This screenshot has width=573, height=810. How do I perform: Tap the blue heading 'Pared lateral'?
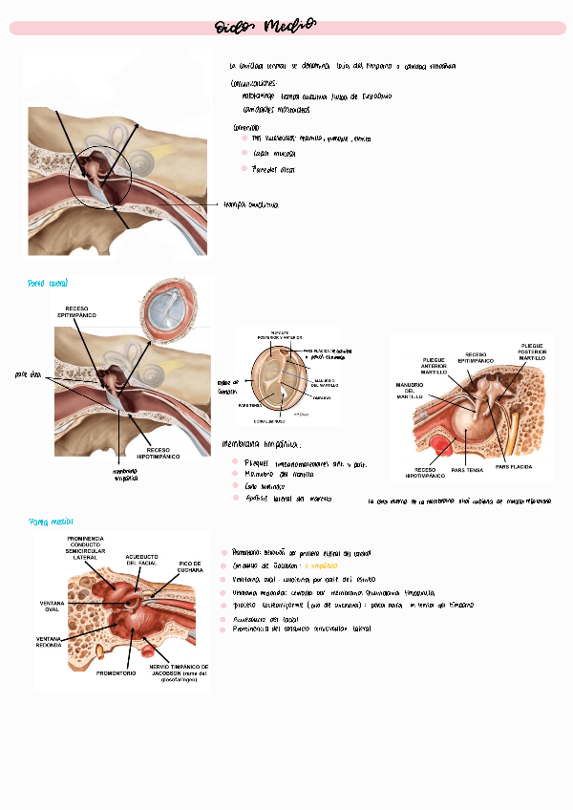tap(48, 284)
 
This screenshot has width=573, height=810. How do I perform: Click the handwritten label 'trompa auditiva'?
tap(250, 204)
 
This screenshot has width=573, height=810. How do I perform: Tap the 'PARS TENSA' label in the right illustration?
tap(467, 470)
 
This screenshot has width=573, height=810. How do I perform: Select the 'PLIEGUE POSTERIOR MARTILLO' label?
tap(532, 352)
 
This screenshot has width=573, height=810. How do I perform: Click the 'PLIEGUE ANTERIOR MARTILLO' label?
tap(435, 366)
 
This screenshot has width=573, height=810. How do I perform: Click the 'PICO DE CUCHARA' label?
tap(189, 567)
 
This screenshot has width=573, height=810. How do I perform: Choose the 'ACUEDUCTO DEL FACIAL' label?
tap(142, 560)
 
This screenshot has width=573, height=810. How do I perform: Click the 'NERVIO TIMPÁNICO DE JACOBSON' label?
tap(179, 671)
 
